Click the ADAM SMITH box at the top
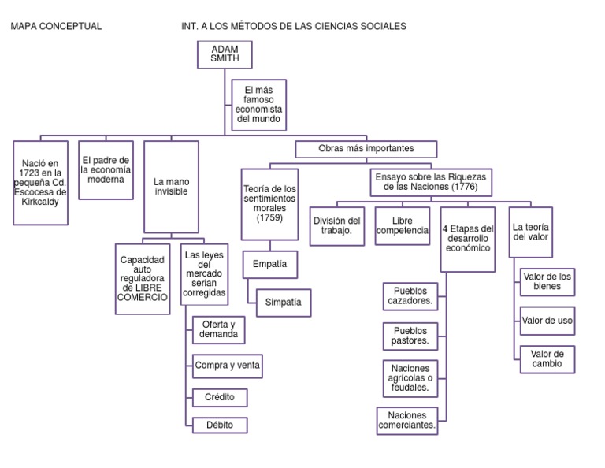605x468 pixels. pos(225,54)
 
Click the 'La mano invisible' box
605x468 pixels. pos(171,186)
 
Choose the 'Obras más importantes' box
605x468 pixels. pos(366,148)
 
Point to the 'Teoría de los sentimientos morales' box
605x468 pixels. pos(269,204)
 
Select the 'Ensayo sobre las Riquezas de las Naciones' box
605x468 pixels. pos(430,183)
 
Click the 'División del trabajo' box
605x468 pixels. pos(337,225)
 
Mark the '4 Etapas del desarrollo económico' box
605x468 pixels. pos(468,236)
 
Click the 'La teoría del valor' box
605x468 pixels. pos(531,232)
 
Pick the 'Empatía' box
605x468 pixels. pos(270,266)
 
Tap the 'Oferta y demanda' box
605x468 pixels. pos(218,329)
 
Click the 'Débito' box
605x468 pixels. pos(220,425)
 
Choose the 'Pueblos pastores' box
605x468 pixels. pos(410,336)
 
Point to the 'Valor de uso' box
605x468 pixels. pos(547,321)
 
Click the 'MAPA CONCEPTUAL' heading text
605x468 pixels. pos(56,26)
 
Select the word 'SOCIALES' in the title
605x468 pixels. pos(381,26)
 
